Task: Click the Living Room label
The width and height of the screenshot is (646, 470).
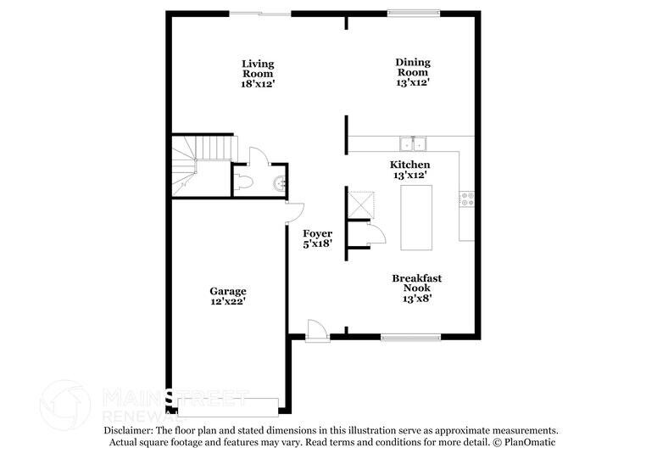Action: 258,69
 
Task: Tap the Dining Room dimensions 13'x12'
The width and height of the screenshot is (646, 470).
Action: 413,82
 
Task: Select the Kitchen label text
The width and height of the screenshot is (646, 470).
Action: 410,165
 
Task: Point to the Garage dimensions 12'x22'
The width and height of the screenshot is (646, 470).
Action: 228,301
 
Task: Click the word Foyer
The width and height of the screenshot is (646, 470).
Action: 318,234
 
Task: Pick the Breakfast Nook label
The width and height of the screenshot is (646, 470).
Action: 416,283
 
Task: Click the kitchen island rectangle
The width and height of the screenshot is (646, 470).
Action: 416,218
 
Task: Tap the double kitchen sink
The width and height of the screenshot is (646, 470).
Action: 413,144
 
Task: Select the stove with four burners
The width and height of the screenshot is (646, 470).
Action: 467,199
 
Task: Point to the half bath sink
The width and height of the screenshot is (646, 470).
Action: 281,183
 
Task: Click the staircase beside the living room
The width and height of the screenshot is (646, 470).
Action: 202,165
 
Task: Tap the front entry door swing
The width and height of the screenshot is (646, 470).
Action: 317,330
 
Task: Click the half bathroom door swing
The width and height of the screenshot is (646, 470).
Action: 259,156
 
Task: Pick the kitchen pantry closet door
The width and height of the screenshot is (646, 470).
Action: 376,235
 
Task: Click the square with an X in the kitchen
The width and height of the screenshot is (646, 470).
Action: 361,204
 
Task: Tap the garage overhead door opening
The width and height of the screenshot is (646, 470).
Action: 228,407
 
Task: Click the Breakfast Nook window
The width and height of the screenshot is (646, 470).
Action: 410,338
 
